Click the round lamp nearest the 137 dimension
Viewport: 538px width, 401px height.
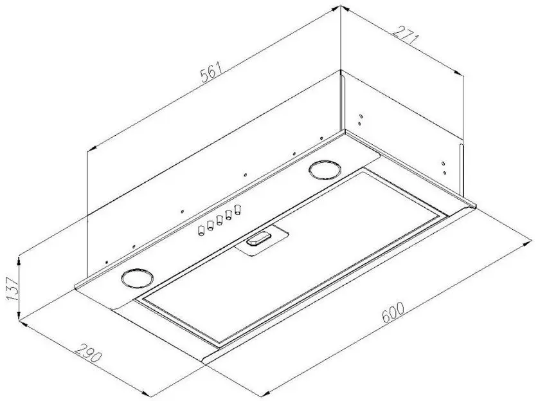[x=136, y=277]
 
